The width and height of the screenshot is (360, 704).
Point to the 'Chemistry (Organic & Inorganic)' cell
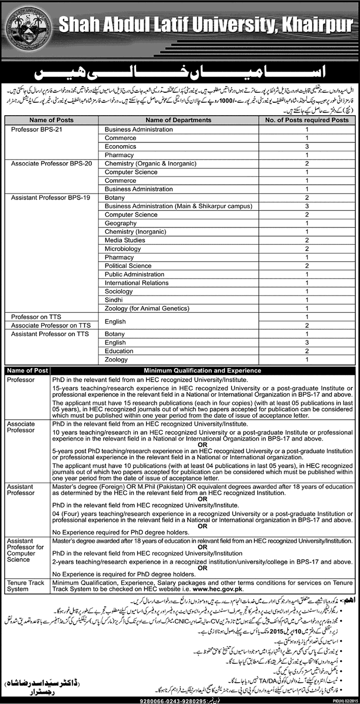[x=150, y=163]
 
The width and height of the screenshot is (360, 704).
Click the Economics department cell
[x=121, y=146]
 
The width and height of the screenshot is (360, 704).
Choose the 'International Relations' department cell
[x=136, y=282]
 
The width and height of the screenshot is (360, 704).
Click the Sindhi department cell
[x=115, y=299]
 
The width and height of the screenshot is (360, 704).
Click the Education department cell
[x=119, y=350]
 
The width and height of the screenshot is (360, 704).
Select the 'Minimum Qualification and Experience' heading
[x=203, y=371]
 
